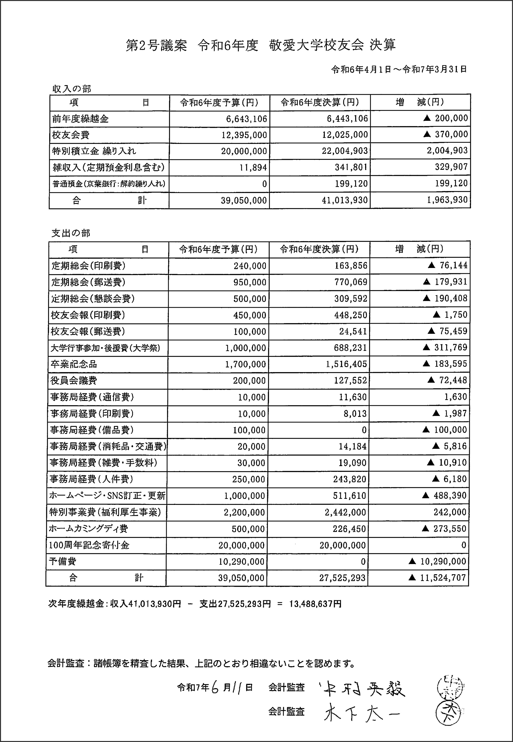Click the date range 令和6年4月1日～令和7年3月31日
[399, 69]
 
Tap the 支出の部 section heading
[71, 233]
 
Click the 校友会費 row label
[71, 135]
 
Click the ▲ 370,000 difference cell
[445, 134]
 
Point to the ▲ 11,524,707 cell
[437, 578]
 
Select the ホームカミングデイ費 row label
[88, 529]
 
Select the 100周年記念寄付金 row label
[89, 545]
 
